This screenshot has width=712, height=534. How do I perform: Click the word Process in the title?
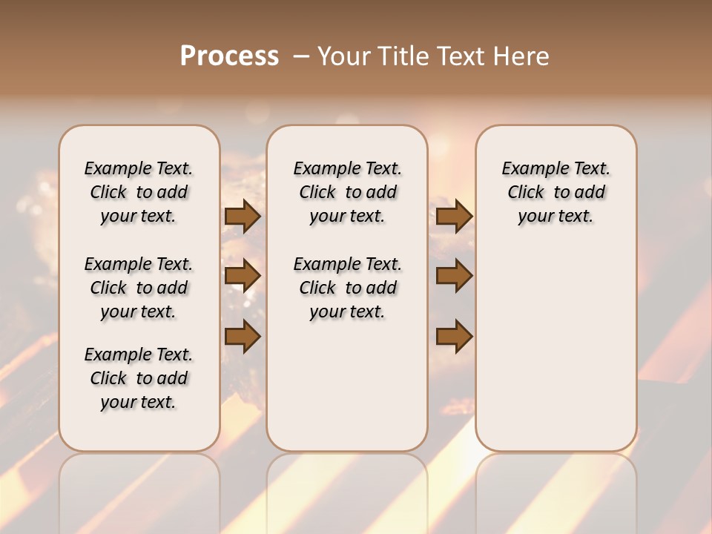pyautogui.click(x=229, y=56)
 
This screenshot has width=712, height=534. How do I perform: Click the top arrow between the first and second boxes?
pyautogui.click(x=243, y=216)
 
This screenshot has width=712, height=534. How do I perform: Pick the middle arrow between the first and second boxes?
pyautogui.click(x=243, y=276)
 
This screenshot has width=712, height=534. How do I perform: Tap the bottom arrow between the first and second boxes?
pyautogui.click(x=243, y=336)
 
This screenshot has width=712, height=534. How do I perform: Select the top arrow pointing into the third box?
pyautogui.click(x=454, y=216)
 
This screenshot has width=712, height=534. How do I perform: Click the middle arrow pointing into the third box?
pyautogui.click(x=454, y=276)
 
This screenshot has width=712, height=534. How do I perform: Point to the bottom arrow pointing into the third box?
pyautogui.click(x=454, y=336)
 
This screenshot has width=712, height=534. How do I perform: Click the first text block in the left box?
pyautogui.click(x=139, y=192)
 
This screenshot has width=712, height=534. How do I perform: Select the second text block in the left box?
pyautogui.click(x=139, y=288)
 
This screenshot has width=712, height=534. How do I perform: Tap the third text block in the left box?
pyautogui.click(x=139, y=378)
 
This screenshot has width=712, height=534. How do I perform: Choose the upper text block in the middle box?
pyautogui.click(x=347, y=192)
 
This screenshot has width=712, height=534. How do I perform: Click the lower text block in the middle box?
pyautogui.click(x=347, y=288)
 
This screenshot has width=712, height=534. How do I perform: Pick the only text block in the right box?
pyautogui.click(x=556, y=192)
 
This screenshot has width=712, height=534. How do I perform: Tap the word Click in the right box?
pyautogui.click(x=526, y=192)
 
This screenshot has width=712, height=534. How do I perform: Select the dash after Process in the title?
pyautogui.click(x=301, y=56)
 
